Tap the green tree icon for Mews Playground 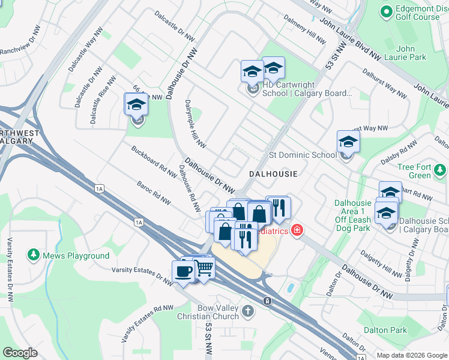click(x=32, y=256)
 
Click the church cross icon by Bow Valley click(x=249, y=312)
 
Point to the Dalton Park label click(x=387, y=330)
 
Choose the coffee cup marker click(x=183, y=271)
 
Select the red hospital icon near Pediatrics click(x=297, y=230)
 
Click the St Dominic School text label click(x=303, y=155)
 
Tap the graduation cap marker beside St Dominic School click(x=348, y=142)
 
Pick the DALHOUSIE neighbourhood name click(x=274, y=173)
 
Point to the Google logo click(x=20, y=353)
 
